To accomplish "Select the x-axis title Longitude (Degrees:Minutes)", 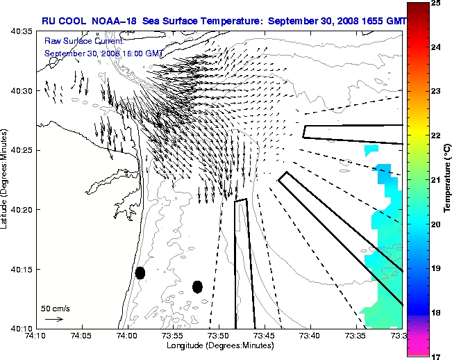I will click(218, 346).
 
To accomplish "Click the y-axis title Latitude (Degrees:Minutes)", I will click(5, 180).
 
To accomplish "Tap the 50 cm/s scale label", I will click(55, 308).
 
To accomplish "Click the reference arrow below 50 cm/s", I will click(53, 319).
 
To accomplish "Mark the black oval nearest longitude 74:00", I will click(140, 272).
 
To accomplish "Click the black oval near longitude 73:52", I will click(197, 286).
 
